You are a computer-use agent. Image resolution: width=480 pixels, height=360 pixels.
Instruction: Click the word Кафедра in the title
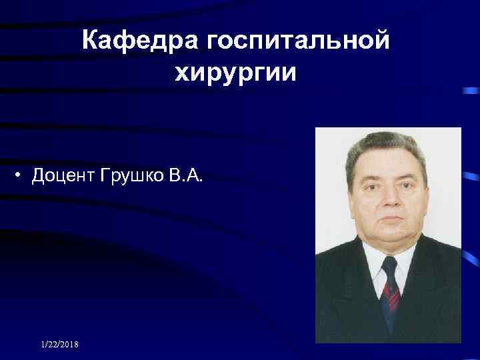tap(139, 42)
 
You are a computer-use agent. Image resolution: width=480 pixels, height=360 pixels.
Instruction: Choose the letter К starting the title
tap(89, 42)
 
